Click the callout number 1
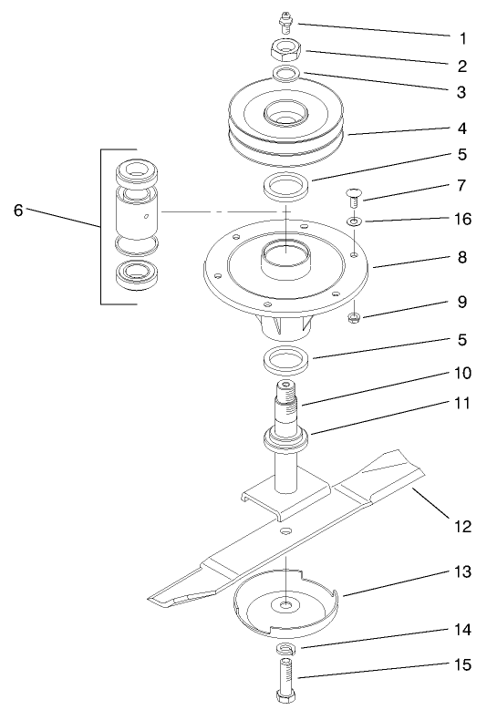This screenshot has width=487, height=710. tap(461, 40)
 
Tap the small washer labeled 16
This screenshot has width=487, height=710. tap(352, 221)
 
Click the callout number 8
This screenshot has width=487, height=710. tap(461, 257)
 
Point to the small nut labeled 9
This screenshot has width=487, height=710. tap(353, 318)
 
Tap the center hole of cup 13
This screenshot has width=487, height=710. tap(287, 603)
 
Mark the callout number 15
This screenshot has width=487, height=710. tap(461, 665)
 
